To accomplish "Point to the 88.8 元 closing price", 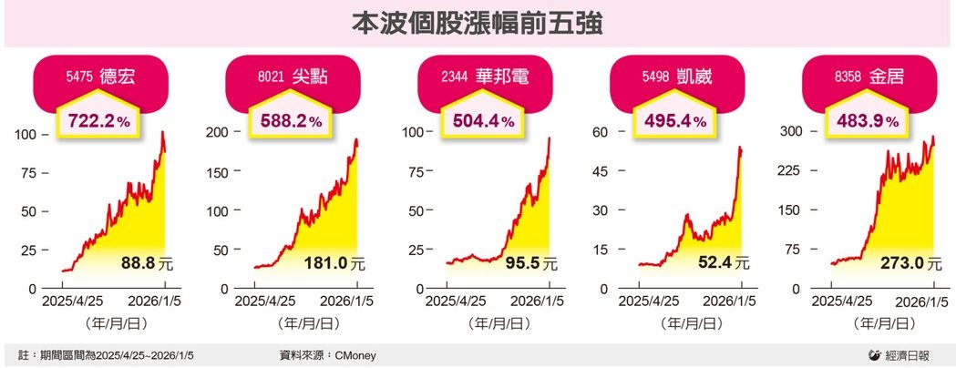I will point(145,264).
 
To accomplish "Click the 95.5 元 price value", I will point(529,264).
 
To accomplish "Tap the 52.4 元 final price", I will point(721,264).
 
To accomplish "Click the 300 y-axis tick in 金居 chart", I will point(788,132).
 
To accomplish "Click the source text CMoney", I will point(355,354).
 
